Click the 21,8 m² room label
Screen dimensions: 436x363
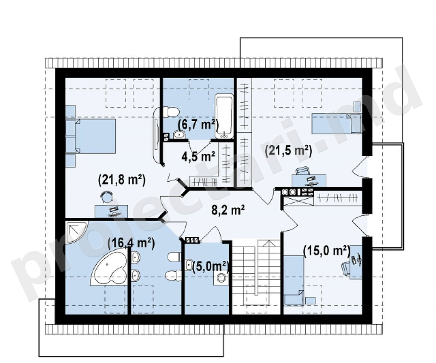click(122, 180)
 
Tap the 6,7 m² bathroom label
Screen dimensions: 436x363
click(198, 125)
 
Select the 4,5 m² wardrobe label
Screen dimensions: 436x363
click(198, 157)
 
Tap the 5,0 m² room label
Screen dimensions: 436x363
click(210, 267)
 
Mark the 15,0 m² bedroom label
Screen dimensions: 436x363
click(327, 251)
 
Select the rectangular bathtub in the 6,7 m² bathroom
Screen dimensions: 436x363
click(224, 116)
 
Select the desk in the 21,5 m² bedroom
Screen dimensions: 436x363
click(309, 180)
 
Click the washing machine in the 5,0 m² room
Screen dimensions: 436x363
click(221, 277)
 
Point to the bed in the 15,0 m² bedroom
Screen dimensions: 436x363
click(294, 281)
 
